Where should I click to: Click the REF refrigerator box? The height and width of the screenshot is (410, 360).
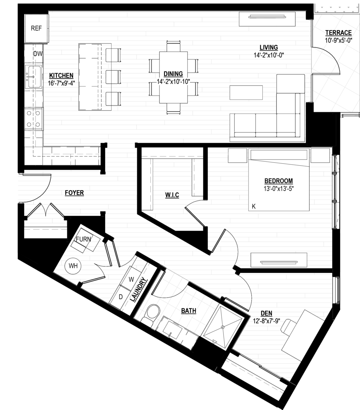[x=37, y=28]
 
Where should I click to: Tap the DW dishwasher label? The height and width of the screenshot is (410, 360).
[x=38, y=54]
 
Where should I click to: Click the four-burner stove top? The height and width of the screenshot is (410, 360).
[x=33, y=119]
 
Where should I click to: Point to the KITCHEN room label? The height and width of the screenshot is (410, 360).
[x=61, y=75]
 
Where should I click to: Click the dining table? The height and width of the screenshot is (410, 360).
[x=173, y=77]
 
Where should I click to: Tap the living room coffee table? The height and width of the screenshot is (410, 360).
[x=246, y=92]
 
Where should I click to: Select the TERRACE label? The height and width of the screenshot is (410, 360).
[x=338, y=33]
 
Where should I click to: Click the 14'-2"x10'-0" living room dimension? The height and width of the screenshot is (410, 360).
[x=269, y=55]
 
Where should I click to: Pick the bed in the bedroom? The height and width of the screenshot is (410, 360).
[x=279, y=180]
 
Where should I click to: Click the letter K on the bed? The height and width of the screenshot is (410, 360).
[x=254, y=207]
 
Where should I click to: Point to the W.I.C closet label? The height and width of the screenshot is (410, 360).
[x=172, y=195]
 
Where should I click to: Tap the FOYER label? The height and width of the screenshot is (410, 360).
[x=74, y=193]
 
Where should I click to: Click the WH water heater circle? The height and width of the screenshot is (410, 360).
[x=73, y=266]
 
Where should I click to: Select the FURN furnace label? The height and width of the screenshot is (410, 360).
[x=83, y=239]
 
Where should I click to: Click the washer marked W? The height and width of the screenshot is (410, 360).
[x=131, y=280]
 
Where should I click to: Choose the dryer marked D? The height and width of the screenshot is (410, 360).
[x=121, y=297]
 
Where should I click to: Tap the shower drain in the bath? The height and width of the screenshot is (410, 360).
[x=223, y=327]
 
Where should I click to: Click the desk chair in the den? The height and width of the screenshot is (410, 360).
[x=287, y=327]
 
